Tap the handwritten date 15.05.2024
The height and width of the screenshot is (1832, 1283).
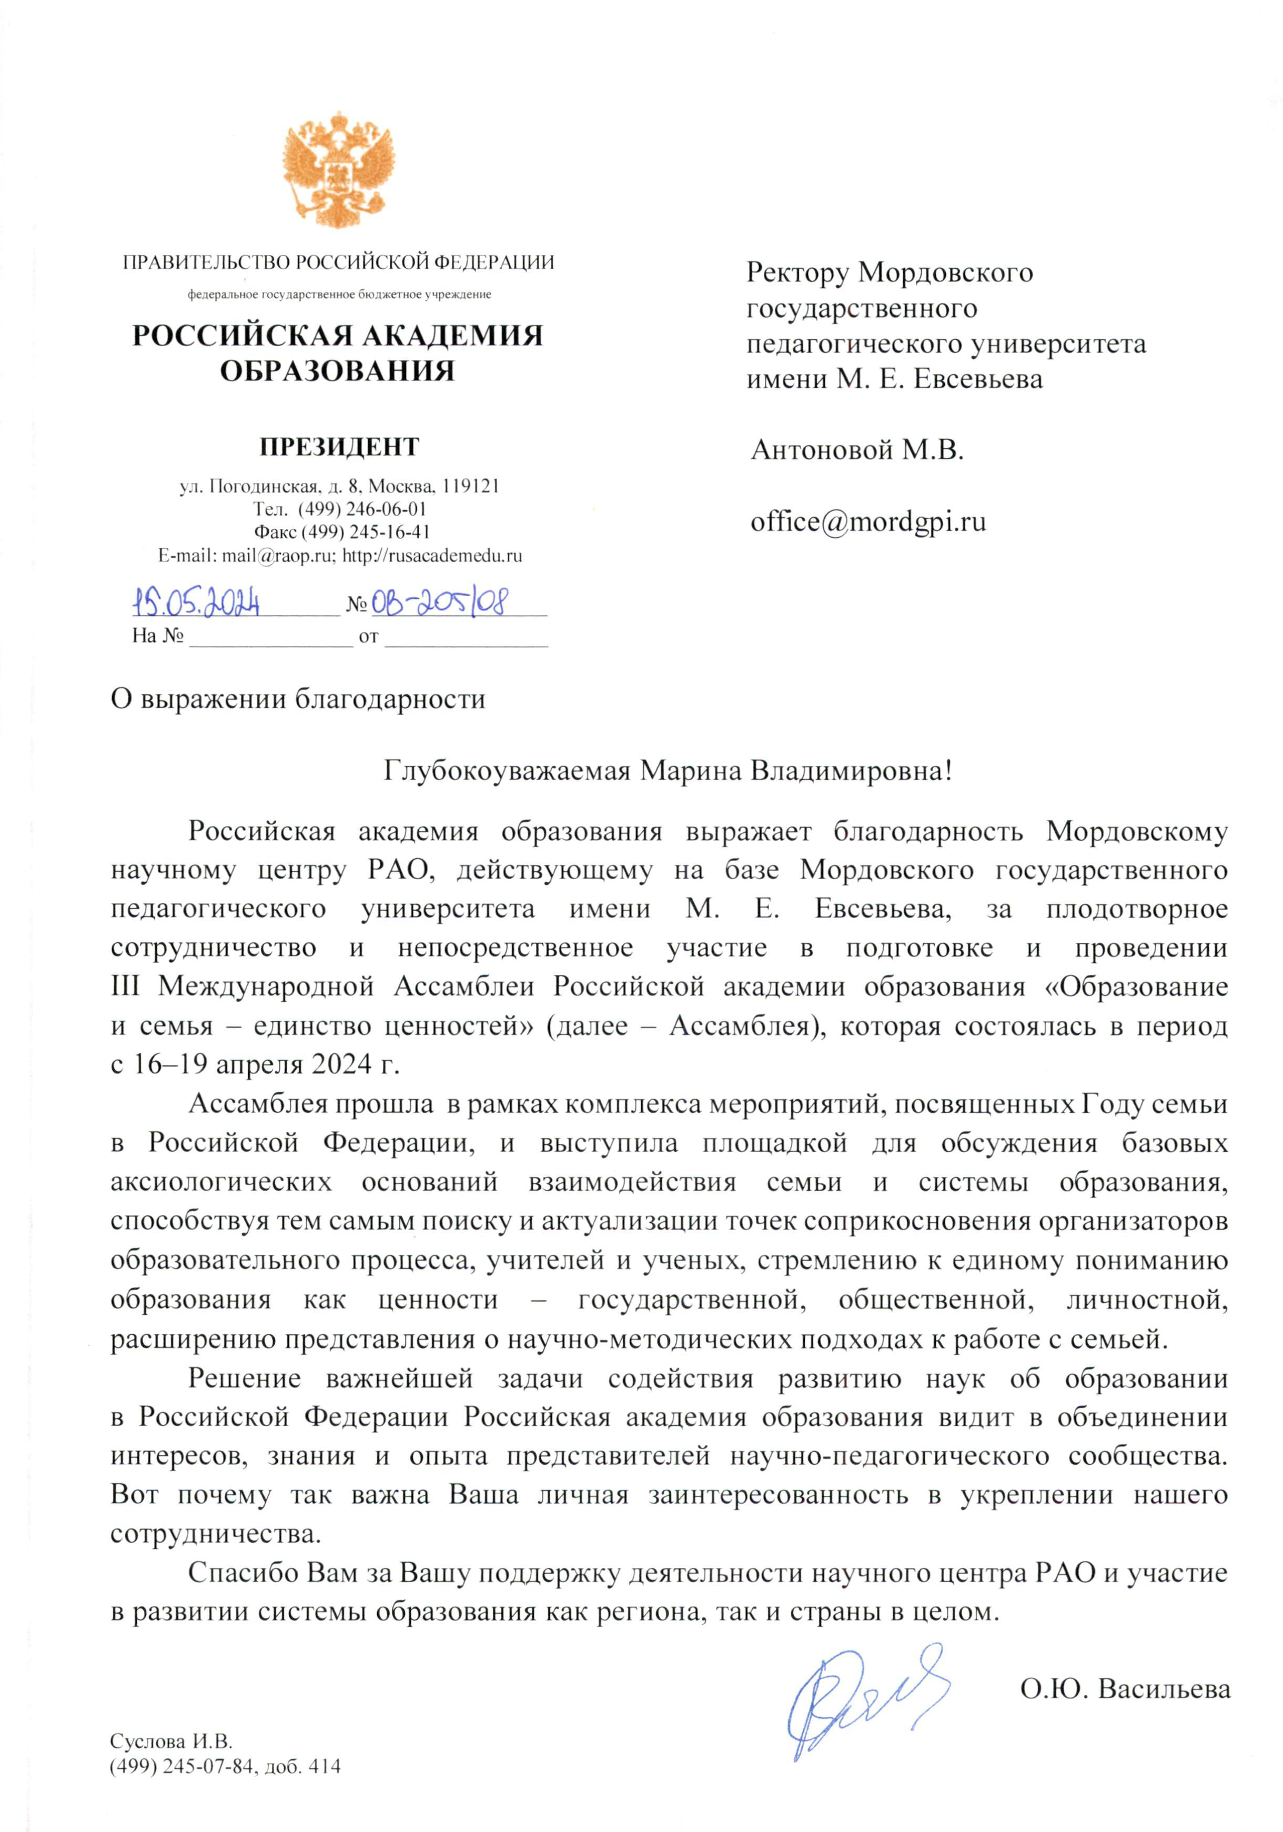[x=196, y=602]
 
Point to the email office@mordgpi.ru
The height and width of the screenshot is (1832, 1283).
[x=867, y=522]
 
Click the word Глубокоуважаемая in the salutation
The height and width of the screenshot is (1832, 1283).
[x=508, y=772]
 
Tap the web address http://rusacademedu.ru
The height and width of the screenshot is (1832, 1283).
[x=432, y=556]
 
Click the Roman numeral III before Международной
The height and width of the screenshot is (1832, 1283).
[x=125, y=987]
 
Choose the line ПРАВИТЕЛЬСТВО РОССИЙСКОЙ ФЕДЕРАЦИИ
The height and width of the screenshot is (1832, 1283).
[x=338, y=263]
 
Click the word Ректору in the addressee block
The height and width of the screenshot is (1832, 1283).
[x=795, y=274]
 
